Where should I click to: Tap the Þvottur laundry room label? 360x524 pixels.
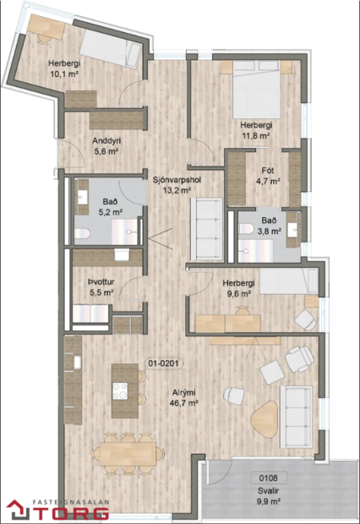click(x=101, y=287)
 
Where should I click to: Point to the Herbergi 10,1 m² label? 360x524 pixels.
click(x=64, y=68)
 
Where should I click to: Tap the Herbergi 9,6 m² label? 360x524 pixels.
click(x=238, y=290)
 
